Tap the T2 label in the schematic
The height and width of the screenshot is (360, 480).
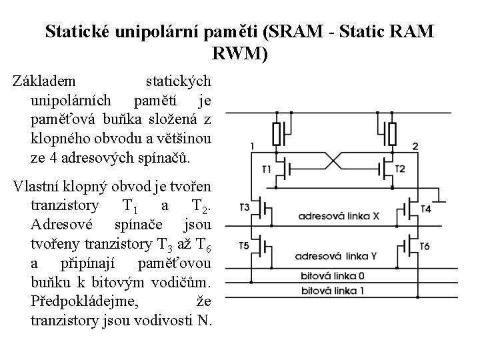click(x=419, y=169)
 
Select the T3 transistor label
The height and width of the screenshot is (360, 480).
click(x=243, y=207)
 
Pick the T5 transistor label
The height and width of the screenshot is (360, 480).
click(x=243, y=246)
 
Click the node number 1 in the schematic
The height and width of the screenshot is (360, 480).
click(x=252, y=145)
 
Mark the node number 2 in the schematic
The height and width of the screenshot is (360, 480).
click(x=415, y=146)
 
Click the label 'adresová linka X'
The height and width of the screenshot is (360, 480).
click(x=338, y=216)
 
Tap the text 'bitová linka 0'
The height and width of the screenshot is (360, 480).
click(x=333, y=275)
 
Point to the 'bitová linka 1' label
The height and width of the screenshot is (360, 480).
click(x=333, y=291)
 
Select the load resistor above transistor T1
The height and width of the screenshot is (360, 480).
click(x=277, y=134)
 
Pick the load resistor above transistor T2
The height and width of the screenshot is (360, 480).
click(x=393, y=134)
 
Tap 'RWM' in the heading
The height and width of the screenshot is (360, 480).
click(x=239, y=53)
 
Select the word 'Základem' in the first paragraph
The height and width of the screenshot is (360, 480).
click(x=45, y=81)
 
